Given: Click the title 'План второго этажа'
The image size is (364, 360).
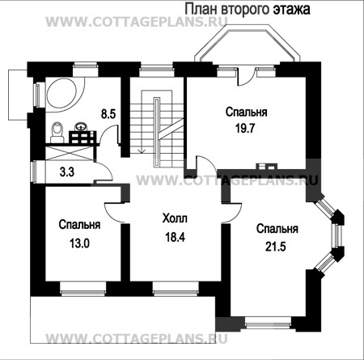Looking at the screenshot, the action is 248,10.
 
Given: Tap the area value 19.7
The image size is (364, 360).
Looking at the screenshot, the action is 245,129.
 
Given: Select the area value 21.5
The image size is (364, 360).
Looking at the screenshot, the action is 276,247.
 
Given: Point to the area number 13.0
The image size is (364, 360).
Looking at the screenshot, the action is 79,244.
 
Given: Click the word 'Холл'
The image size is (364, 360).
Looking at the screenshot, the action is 175,218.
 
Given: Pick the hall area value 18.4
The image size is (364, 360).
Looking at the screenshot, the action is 175,237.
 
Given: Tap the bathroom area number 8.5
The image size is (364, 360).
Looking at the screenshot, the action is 108,114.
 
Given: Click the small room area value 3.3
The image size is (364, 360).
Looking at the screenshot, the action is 67,172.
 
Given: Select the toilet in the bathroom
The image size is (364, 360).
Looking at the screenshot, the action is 57,132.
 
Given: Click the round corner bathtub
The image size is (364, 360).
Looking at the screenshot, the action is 66,94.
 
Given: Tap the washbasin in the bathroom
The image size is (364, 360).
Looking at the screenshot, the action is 80,126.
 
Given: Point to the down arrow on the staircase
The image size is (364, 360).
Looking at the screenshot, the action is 142,150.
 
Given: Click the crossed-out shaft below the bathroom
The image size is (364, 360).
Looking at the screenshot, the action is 70,153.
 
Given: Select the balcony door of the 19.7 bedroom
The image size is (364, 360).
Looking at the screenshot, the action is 246,78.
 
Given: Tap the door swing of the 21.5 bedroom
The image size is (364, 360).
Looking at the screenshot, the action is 231,213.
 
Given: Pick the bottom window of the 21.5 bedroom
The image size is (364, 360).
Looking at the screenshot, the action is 269,323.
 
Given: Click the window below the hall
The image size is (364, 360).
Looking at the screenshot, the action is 176,290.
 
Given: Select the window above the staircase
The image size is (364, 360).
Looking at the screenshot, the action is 157,69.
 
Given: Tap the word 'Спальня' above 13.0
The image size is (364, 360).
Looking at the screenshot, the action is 79,224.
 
